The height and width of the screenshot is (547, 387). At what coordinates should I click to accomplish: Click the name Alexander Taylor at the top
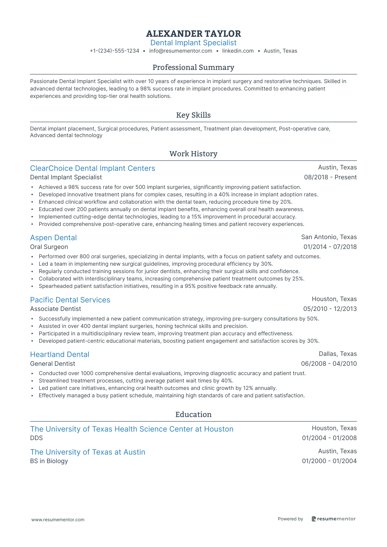[193, 33]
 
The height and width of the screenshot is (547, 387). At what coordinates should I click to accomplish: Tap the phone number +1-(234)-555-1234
[114, 51]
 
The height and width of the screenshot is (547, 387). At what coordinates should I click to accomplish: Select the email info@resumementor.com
[181, 51]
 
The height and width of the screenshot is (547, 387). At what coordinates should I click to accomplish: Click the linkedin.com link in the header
[238, 51]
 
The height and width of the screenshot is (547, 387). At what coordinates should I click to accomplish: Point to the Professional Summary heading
[193, 67]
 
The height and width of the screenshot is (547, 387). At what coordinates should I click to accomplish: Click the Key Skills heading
[193, 115]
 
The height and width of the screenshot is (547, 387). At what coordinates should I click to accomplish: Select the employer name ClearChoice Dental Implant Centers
[92, 168]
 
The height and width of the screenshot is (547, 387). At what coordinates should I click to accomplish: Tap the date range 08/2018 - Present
[330, 177]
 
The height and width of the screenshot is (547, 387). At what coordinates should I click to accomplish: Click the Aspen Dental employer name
[53, 238]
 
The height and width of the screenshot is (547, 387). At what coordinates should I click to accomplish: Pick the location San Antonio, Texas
[329, 237]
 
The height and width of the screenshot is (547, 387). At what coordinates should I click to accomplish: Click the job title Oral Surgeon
[49, 247]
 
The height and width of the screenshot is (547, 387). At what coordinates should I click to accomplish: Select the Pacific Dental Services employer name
[70, 300]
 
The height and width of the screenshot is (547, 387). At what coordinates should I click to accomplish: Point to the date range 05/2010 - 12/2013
[330, 309]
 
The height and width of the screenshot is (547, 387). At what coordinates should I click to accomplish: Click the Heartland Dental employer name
[60, 355]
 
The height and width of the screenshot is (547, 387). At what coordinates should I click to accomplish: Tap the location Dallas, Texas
[338, 354]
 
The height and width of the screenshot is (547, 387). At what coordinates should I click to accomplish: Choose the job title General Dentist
[52, 364]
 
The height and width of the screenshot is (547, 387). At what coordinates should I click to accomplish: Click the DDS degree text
[36, 438]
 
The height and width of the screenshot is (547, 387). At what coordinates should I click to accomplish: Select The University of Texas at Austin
[88, 452]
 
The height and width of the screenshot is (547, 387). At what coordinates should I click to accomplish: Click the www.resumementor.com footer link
[58, 520]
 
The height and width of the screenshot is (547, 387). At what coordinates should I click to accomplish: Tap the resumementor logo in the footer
[333, 519]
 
